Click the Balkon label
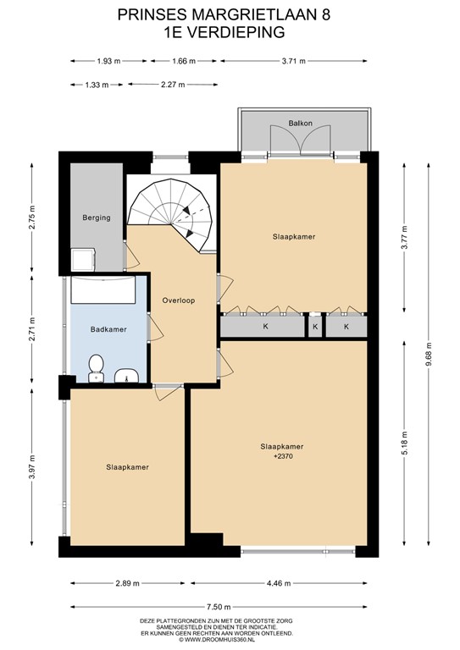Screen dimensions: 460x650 (300, 123)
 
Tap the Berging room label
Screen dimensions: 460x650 (97, 218)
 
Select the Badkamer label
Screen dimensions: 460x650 (108, 329)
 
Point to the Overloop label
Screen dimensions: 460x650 (179, 300)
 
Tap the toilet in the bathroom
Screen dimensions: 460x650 (96, 368)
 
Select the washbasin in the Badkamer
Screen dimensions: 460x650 (126, 376)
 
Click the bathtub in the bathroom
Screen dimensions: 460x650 (103, 289)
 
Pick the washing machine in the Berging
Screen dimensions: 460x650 (83, 260)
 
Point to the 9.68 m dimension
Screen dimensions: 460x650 (429, 354)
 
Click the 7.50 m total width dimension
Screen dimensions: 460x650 (219, 607)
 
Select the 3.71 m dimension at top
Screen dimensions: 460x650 (294, 61)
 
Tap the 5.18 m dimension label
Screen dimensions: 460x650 (405, 443)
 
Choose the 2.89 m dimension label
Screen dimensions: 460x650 (127, 583)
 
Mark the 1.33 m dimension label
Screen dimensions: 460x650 (97, 85)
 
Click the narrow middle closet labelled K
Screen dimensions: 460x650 (315, 327)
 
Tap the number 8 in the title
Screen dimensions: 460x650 (326, 15)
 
